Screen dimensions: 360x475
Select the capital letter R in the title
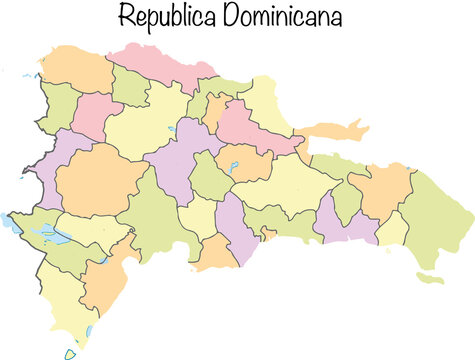(125, 17)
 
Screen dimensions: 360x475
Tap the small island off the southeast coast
(430, 277)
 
